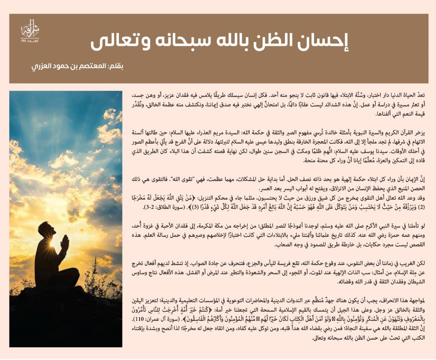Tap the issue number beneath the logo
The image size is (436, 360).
coord(27,41)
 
